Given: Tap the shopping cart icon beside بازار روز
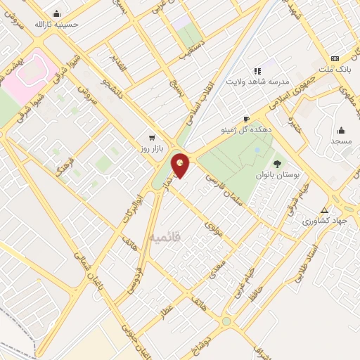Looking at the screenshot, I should (x=151, y=137).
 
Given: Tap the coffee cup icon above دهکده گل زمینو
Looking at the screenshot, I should (x=246, y=119).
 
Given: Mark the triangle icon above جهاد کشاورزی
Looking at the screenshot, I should (x=324, y=210).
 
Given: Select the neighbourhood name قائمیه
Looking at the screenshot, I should (x=164, y=238).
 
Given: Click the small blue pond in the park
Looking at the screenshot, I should (x=257, y=150).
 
